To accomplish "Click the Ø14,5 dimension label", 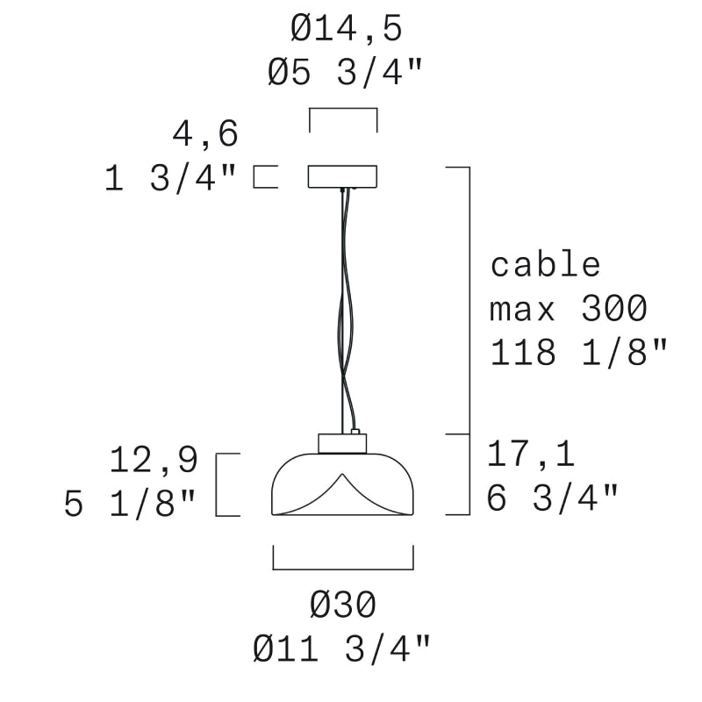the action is (x=346, y=30).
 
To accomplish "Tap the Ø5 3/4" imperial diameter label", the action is (x=345, y=73).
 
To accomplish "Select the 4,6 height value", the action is (x=205, y=134).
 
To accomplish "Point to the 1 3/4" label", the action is (x=170, y=178).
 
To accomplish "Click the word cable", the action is (x=545, y=265).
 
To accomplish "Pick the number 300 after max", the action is (x=614, y=308).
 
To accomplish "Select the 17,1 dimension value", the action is (x=531, y=455).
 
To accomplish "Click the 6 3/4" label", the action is (x=553, y=498).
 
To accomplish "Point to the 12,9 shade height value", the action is (x=154, y=460).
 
